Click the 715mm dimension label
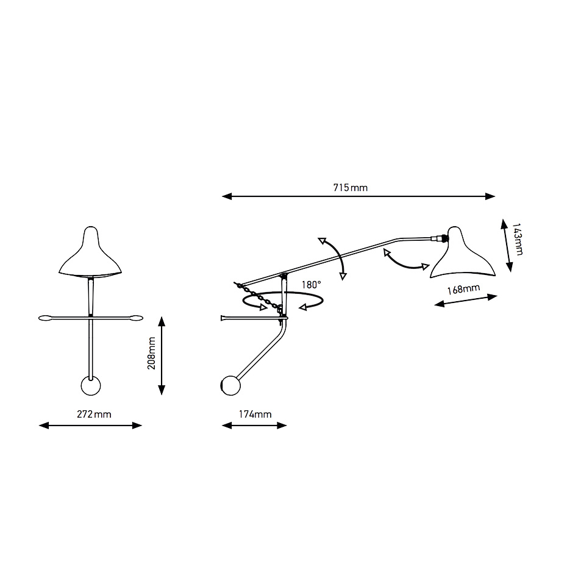(350, 188)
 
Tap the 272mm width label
(94, 414)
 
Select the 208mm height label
(152, 353)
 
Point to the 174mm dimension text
(255, 414)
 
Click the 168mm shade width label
(463, 289)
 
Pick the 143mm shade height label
(518, 240)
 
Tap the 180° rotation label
(312, 285)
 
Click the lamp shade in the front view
(90, 253)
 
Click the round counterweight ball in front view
(90, 385)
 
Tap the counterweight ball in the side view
(230, 385)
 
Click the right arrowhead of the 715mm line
(490, 196)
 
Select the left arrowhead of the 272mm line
(44, 426)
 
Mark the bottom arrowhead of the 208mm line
(162, 390)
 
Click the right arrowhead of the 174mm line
(282, 426)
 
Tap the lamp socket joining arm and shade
(440, 238)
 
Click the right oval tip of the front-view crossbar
(137, 318)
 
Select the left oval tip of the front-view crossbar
(45, 318)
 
